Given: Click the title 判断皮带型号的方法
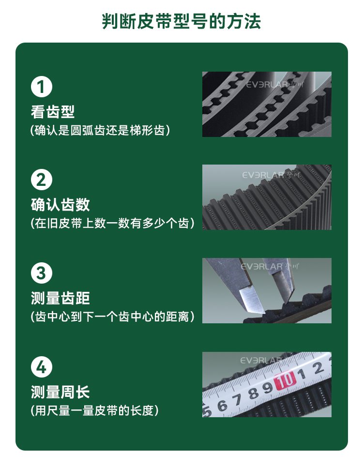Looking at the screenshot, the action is (181, 21).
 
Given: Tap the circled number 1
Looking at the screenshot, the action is (42, 87).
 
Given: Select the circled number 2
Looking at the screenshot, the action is (42, 180).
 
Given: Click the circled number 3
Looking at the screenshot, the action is (42, 273).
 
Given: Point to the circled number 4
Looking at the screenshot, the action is (42, 367).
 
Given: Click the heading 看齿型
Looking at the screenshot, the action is (53, 112).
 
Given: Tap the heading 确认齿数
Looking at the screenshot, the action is (60, 205).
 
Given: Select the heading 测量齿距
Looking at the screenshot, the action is (60, 298).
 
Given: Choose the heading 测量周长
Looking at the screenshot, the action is (60, 392).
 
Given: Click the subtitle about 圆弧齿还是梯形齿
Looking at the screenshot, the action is (100, 130).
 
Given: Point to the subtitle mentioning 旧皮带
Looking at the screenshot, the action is (112, 223).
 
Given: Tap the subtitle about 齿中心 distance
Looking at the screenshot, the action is (112, 317).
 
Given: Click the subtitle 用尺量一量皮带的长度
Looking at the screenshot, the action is (94, 410).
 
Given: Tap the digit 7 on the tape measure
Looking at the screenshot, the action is (238, 400).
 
